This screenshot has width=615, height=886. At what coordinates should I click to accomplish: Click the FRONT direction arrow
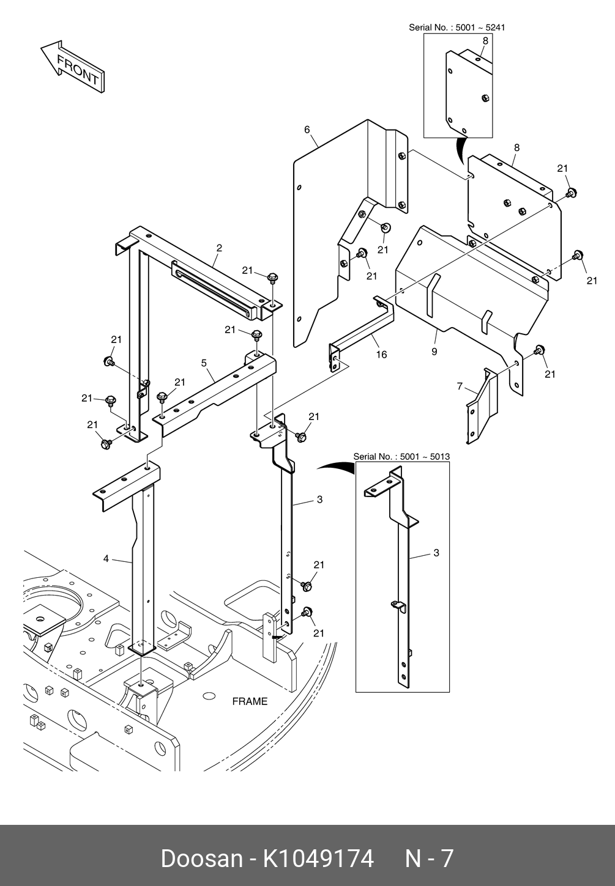click(72, 67)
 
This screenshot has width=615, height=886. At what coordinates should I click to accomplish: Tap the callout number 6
click(307, 130)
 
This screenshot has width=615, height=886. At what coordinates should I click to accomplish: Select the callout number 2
click(219, 248)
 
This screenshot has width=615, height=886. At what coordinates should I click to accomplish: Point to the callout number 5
click(204, 363)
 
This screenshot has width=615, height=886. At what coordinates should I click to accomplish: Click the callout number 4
click(106, 558)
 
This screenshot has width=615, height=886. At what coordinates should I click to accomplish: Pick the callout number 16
click(381, 355)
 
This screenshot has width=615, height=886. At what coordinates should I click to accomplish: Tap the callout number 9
click(434, 352)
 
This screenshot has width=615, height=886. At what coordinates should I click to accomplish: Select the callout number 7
click(460, 386)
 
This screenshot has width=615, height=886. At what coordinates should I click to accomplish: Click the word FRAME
click(250, 701)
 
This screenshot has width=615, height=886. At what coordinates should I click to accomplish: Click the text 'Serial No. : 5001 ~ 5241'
click(457, 28)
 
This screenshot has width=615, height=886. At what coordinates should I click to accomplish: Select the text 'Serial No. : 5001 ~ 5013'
click(401, 456)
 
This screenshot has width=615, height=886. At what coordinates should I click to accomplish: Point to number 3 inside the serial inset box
click(436, 553)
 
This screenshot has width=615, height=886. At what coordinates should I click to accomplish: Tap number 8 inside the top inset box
click(486, 41)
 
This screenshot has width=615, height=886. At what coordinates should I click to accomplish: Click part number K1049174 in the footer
click(319, 858)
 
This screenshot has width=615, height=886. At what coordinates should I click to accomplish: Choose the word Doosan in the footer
click(201, 858)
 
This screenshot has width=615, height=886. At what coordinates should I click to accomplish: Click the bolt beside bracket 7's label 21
click(539, 350)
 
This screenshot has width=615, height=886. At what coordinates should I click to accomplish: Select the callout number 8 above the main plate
click(517, 147)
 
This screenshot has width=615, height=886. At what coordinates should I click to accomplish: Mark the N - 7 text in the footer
click(429, 858)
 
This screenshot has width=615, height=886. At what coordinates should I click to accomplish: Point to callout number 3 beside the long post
click(320, 500)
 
